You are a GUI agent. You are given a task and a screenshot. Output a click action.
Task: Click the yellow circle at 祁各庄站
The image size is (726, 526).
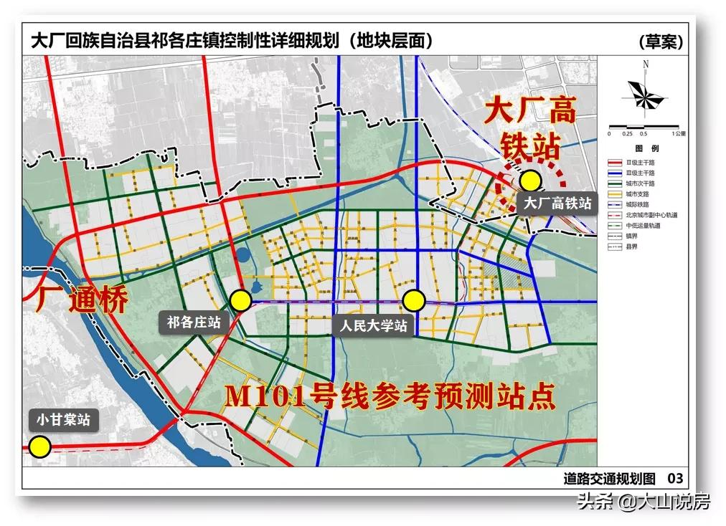240,300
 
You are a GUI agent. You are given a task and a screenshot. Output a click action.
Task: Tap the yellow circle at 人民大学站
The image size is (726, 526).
414,300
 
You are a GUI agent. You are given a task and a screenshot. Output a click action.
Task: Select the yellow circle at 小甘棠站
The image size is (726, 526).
40,448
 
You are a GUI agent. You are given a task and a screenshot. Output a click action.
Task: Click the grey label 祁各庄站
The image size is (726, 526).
194,322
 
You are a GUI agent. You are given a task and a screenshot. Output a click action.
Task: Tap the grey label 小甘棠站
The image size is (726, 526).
64,420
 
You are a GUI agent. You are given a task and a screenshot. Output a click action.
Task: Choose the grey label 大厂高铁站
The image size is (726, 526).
557,204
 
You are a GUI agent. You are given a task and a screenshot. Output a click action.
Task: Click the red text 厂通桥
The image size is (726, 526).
81,300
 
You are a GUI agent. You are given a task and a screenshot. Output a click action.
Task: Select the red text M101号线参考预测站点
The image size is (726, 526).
390,397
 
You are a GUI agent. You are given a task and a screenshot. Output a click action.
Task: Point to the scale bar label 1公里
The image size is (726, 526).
676,133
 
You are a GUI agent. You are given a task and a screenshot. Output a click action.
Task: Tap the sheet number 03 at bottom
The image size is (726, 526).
675,478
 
